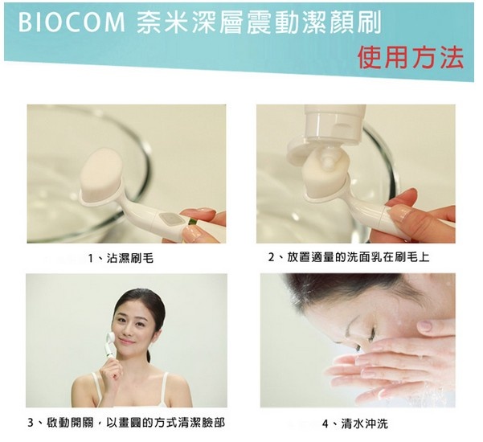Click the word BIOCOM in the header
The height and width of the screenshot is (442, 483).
click(x=72, y=23)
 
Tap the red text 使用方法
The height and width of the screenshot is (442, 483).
click(x=411, y=58)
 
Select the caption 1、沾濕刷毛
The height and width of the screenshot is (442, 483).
click(x=121, y=258)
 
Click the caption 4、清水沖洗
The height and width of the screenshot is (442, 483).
click(x=355, y=424)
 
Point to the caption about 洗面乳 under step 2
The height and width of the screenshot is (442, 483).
click(x=349, y=257)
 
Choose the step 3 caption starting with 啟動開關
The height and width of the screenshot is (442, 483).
click(x=127, y=422)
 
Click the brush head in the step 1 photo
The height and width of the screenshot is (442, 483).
click(x=102, y=174)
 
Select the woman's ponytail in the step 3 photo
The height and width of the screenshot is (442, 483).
click(x=149, y=356)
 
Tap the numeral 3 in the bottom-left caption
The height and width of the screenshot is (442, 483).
click(x=31, y=423)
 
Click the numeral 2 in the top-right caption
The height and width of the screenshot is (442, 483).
click(x=271, y=257)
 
